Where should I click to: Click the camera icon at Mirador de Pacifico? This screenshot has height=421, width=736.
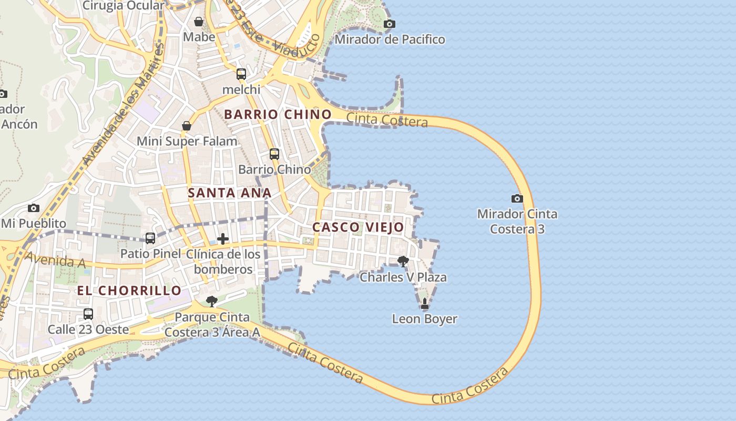(389, 24)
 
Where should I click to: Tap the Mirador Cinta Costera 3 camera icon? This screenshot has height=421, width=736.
(517, 198)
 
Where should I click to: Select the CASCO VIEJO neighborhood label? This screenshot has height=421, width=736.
(358, 227)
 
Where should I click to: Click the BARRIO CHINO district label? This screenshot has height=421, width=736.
(278, 114)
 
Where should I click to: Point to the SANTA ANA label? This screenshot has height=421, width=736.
(229, 193)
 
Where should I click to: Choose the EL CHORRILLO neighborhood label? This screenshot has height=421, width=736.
(129, 290)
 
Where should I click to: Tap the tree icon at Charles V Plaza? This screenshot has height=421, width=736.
(403, 261)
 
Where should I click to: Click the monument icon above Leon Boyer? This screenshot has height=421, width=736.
(424, 304)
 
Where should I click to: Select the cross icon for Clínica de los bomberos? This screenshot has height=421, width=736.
(223, 239)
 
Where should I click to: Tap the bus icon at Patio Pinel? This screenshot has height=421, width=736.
(150, 238)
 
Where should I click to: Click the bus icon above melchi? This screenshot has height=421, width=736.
(241, 74)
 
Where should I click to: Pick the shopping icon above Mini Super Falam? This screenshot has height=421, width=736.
(187, 126)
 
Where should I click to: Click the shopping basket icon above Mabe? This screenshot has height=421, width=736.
(199, 22)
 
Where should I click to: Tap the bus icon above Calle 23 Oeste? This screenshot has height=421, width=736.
(88, 314)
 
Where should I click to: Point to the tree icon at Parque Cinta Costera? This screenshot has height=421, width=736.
(211, 301)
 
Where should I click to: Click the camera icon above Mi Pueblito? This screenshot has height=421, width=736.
(34, 208)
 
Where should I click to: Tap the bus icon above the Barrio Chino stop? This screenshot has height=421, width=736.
(274, 154)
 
